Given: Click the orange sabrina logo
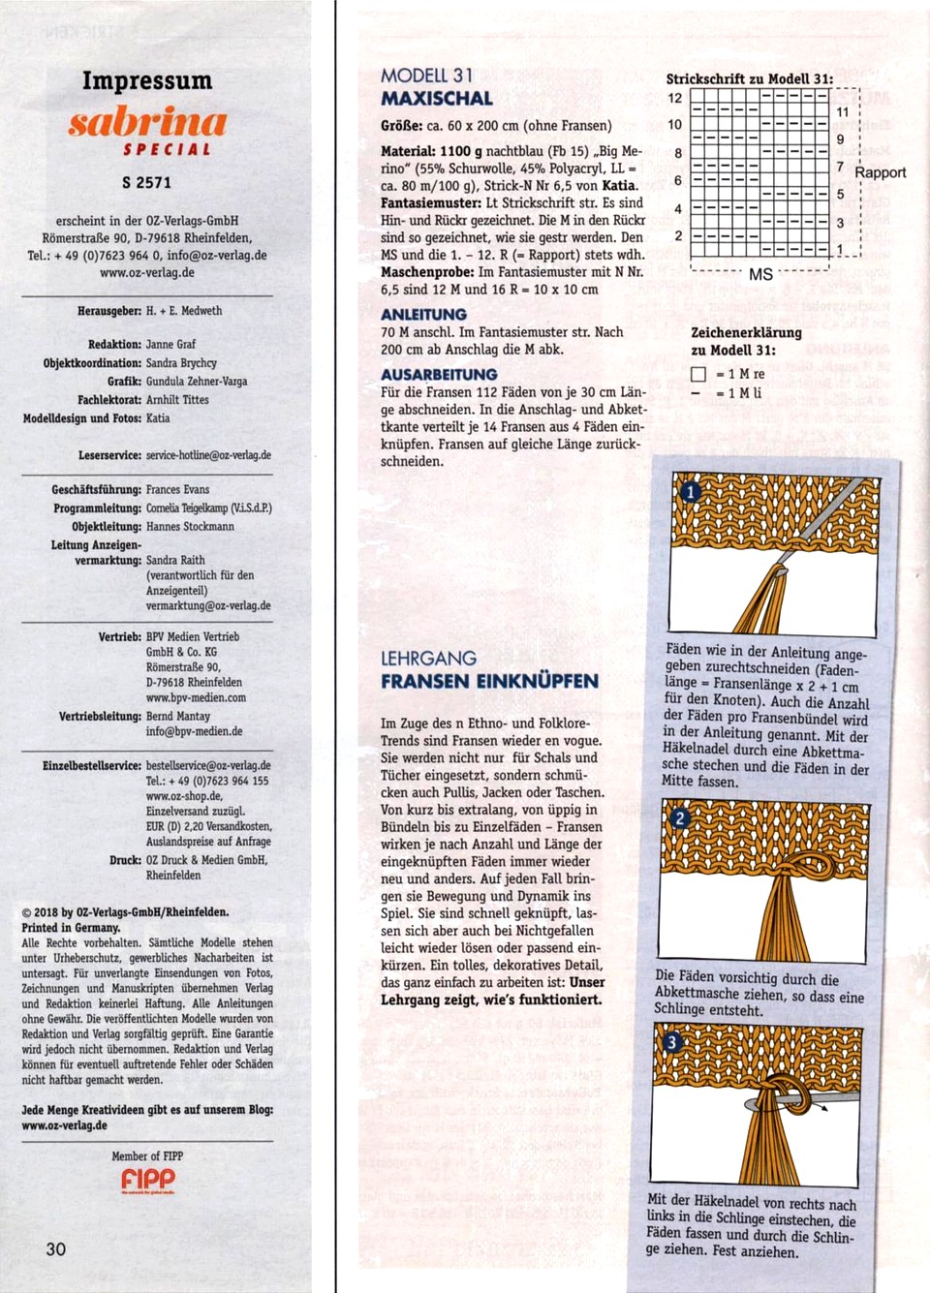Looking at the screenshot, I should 147,122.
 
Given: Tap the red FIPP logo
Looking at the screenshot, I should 148,1179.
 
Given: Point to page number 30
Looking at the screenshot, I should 56,1248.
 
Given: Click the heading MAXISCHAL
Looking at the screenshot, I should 436,99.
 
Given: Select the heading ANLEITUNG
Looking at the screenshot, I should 423,315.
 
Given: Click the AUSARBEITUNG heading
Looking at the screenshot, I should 439,375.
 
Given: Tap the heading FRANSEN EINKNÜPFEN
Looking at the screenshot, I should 489,681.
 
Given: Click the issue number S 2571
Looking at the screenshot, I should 147,182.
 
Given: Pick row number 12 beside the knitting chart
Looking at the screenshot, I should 675,98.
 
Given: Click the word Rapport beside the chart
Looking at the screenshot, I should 880,172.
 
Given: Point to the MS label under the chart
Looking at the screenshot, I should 760,275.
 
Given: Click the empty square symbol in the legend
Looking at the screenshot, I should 697,375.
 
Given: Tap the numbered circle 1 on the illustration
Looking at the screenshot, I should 690,492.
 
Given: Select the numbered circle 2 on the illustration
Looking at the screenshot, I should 679,818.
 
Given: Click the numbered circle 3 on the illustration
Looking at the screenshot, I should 671,1042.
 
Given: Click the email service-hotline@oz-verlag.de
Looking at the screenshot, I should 208,455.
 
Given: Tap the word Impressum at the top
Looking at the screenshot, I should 147,80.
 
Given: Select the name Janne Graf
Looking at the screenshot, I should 170,344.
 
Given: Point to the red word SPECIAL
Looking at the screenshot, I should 167,150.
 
